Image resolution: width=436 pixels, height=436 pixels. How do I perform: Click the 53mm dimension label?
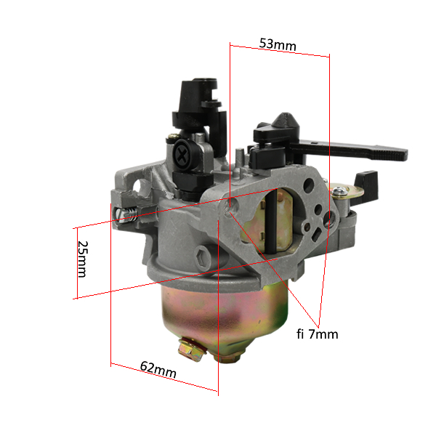(278, 44)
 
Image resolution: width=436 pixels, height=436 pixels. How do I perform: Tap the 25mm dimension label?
(83, 259)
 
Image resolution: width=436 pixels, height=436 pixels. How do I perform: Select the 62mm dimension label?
(158, 369)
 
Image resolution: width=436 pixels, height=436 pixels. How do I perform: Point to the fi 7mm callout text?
(318, 334)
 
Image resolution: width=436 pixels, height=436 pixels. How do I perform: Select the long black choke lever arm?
(347, 150)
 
